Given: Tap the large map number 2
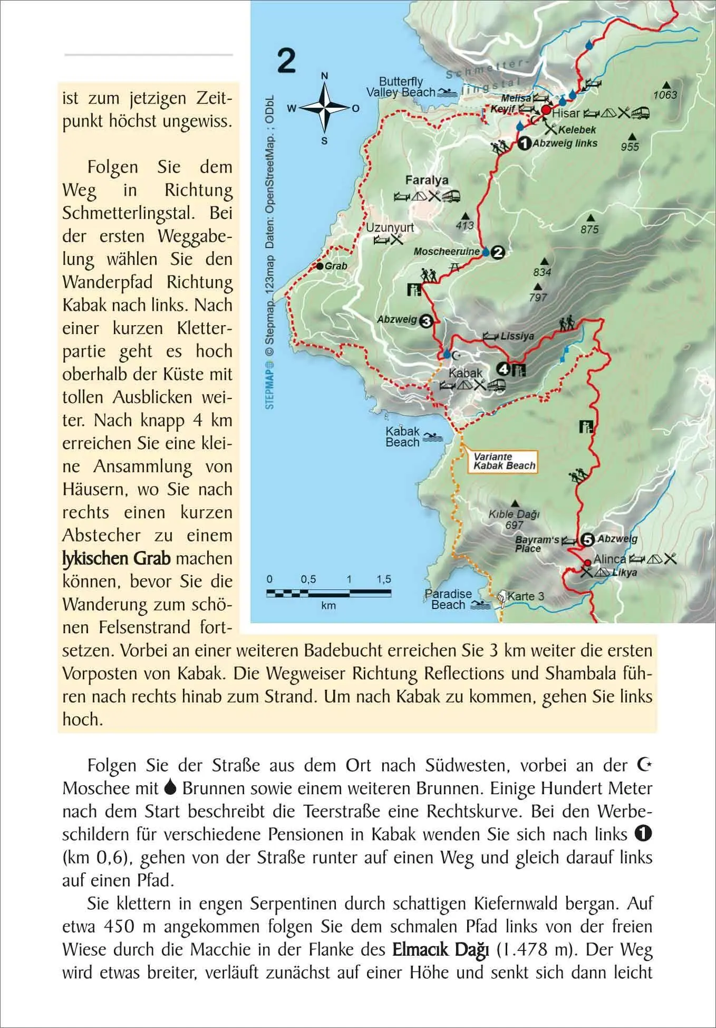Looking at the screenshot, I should click(x=286, y=61).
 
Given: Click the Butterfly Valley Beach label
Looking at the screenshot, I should click(x=401, y=87).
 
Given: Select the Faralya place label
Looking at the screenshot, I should click(x=427, y=180).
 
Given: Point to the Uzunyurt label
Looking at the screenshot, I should click(x=390, y=227).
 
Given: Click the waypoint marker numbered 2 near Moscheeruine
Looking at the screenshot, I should click(x=497, y=252).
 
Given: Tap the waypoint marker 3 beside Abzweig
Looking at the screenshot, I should click(x=426, y=320).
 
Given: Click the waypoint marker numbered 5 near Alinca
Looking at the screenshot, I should click(x=587, y=539).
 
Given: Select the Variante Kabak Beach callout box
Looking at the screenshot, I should click(x=504, y=461).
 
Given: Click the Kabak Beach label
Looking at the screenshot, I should click(x=402, y=437).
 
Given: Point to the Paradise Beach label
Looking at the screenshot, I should click(x=448, y=599).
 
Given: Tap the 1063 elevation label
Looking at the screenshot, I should click(x=665, y=95).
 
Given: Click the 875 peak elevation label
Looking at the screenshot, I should click(x=589, y=229).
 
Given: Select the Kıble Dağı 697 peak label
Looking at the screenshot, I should click(x=514, y=519).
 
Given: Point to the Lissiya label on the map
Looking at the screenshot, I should click(x=517, y=336).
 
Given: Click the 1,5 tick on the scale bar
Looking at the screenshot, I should click(x=384, y=579).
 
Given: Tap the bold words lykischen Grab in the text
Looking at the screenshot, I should click(x=117, y=558).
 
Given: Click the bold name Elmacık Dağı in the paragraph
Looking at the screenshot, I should click(x=442, y=950).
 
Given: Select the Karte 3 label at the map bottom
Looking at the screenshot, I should click(x=525, y=596).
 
